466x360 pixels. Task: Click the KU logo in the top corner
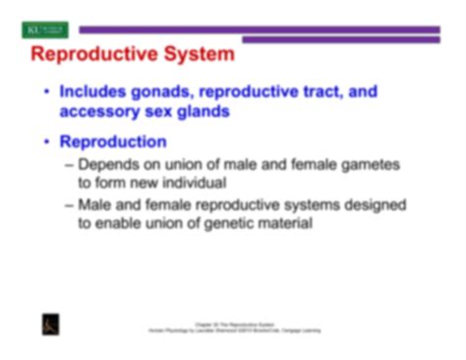coord(43,30)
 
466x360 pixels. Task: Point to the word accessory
coord(102,111)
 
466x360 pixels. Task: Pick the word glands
coord(202,111)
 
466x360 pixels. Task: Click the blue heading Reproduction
coord(112,143)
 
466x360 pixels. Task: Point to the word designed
coord(373,206)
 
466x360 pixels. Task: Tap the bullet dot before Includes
coord(46,92)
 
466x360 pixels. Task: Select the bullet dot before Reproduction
coord(46,144)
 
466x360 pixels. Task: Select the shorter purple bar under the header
coord(340,40)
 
